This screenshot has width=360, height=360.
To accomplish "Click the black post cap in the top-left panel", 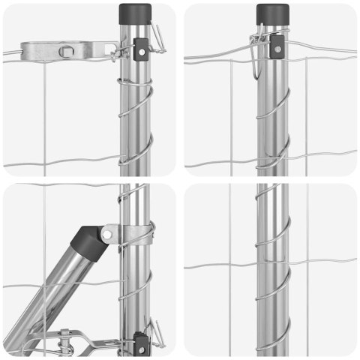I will point(130,13).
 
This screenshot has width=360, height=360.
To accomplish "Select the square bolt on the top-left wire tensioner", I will point(66,51).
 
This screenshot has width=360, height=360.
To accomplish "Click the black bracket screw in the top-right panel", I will point(278,47).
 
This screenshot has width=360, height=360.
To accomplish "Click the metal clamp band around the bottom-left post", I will point(134,233).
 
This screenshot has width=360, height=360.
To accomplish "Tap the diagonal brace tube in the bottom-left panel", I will point(52,292).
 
